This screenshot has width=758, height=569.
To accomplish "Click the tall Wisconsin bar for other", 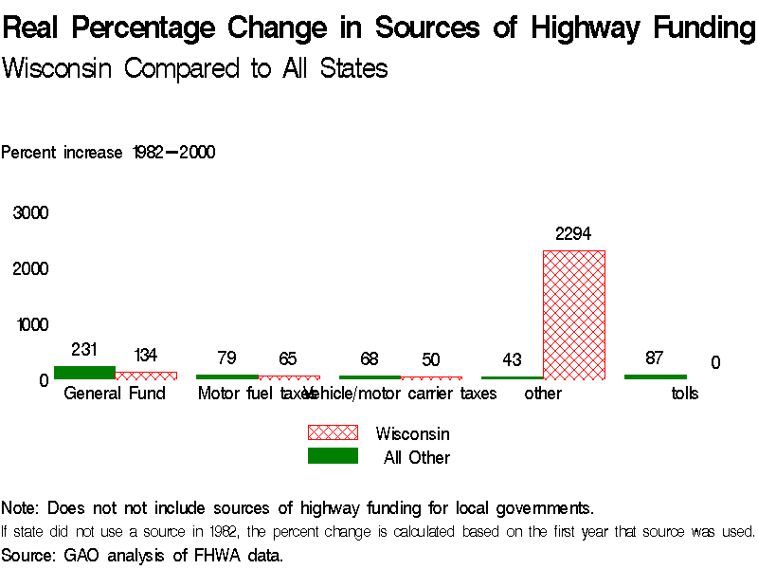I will click(x=573, y=315).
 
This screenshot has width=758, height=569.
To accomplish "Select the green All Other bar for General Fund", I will click(x=84, y=373).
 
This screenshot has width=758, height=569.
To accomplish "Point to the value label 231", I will click(x=84, y=350).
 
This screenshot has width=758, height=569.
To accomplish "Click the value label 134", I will click(x=145, y=356).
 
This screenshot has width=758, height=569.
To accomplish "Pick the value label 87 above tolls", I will click(x=654, y=358).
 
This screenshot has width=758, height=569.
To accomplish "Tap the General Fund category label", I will click(x=115, y=394).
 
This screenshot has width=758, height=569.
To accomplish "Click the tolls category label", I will click(x=685, y=394).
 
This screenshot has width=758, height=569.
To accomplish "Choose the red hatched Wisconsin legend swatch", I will click(x=333, y=432).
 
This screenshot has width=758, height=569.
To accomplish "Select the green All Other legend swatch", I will click(x=333, y=456).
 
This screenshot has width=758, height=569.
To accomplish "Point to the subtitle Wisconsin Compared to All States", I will click(x=195, y=69).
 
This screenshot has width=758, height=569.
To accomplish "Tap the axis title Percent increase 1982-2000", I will click(x=108, y=153).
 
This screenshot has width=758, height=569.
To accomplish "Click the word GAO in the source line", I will click(x=81, y=555).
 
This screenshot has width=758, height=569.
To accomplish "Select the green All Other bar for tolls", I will click(x=655, y=377).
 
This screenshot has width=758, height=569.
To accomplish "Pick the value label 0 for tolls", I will click(x=715, y=363).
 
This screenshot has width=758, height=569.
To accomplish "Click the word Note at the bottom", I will click(x=21, y=507).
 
